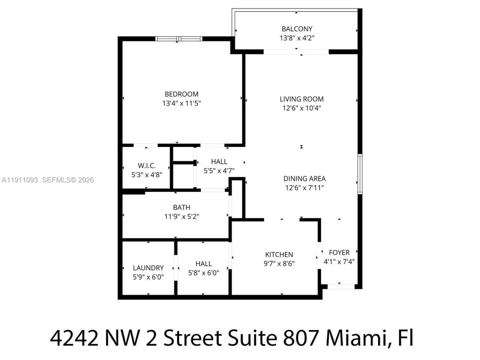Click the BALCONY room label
pyautogui.click(x=297, y=28)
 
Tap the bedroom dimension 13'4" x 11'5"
pyautogui.click(x=181, y=103)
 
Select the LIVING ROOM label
pyautogui.click(x=301, y=99)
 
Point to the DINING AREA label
pyautogui.click(x=304, y=178)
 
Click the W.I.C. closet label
pyautogui.click(x=147, y=165)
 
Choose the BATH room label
pyautogui.click(x=181, y=207)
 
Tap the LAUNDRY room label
pyautogui.click(x=148, y=268)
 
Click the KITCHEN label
pyautogui.click(x=279, y=254)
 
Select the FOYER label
pyautogui.click(x=339, y=252)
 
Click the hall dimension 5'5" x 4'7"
pyautogui.click(x=219, y=171)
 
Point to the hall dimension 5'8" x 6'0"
pyautogui.click(x=204, y=273)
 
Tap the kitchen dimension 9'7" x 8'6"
pyautogui.click(x=279, y=264)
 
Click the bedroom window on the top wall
pyautogui.click(x=179, y=39)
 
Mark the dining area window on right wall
pyautogui.click(x=360, y=174)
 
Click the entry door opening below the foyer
pyautogui.click(x=341, y=286)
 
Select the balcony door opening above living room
pyautogui.click(x=296, y=52)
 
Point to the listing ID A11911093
pyautogui.click(x=20, y=180)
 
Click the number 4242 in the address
pyautogui.click(x=74, y=338)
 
